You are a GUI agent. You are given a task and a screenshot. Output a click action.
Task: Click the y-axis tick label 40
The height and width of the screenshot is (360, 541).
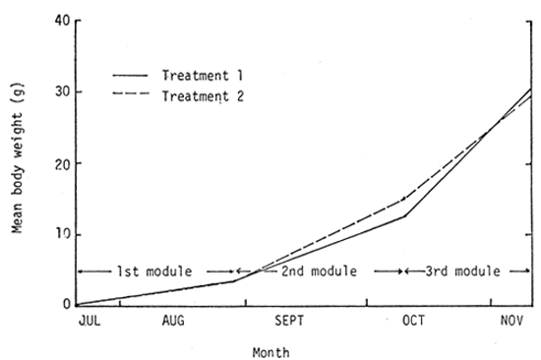point(62,22)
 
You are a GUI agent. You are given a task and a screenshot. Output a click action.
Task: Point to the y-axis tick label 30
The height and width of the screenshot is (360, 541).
point(62,92)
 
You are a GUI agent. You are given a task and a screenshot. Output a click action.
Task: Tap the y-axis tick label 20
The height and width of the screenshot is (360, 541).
point(62,163)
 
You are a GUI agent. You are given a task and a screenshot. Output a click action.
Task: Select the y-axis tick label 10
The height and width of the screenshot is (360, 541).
point(62,234)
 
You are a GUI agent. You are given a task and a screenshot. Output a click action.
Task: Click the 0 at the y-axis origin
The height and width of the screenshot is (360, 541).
point(66,305)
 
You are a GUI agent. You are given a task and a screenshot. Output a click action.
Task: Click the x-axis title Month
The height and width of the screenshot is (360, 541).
point(270,349)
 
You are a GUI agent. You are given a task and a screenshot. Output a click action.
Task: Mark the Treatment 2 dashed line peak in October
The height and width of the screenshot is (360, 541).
point(404,199)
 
